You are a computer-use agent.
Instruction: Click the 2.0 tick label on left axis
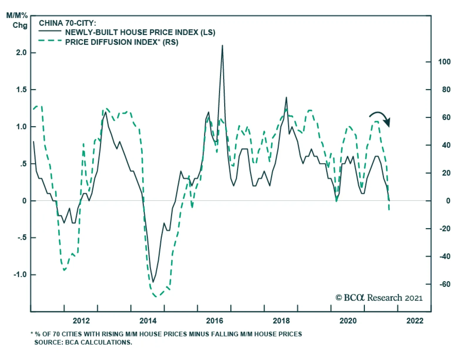click(x=21, y=53)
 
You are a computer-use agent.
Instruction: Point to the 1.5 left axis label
click(x=21, y=90)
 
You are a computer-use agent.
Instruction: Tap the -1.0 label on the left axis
click(x=20, y=275)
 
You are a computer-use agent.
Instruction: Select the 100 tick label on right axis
click(x=444, y=62)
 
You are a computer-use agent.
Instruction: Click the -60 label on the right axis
click(x=445, y=284)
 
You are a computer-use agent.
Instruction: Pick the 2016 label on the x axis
click(x=214, y=321)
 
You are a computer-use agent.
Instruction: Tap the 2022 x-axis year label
click(x=415, y=321)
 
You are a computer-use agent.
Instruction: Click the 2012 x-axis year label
click(x=81, y=321)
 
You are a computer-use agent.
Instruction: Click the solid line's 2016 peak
click(x=222, y=46)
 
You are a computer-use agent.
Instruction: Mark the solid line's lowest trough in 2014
click(x=153, y=282)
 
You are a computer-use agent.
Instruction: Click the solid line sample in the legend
click(x=50, y=31)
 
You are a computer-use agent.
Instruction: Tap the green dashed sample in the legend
click(x=50, y=41)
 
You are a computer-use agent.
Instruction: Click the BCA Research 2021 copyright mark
click(x=379, y=298)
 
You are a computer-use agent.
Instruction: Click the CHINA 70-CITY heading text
click(x=67, y=23)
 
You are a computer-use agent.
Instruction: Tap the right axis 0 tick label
click(x=448, y=201)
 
